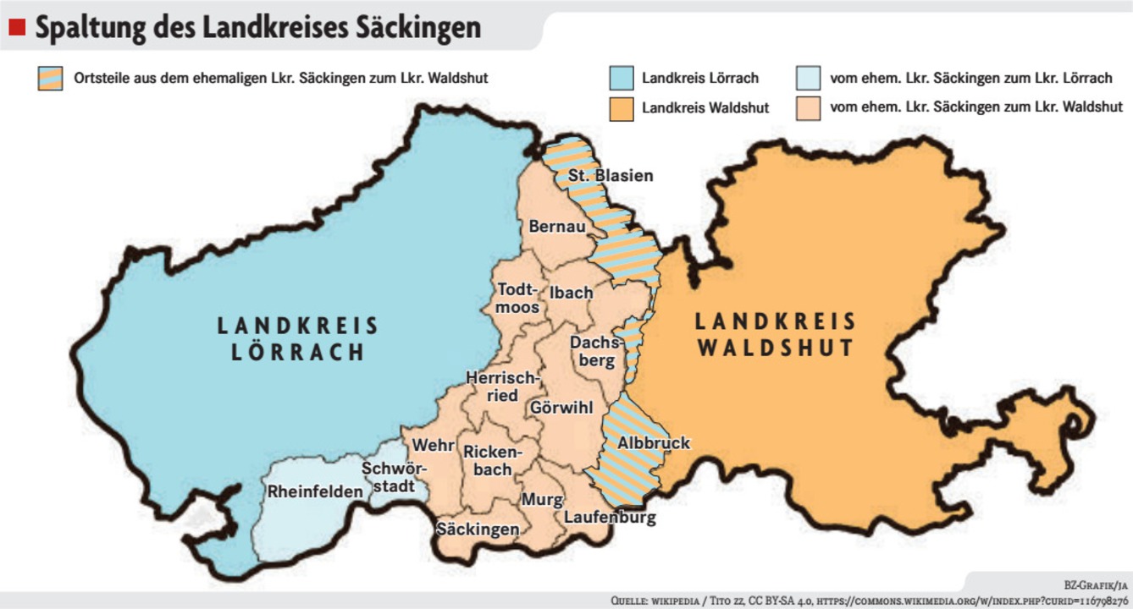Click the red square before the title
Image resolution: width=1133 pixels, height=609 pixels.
point(17,28)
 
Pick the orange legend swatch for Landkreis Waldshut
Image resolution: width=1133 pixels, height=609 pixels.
point(622,108)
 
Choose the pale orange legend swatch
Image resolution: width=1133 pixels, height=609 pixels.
point(809,108)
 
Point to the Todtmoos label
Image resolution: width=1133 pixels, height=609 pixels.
point(517,299)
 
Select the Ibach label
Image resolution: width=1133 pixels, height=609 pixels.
point(571,293)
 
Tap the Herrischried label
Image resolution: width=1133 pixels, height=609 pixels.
point(503,387)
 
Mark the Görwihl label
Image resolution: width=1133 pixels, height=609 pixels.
point(561,408)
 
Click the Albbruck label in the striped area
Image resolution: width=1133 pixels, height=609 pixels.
point(654,443)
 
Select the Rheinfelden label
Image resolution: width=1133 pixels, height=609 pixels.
point(315,491)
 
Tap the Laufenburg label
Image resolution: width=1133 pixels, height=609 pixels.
point(610,518)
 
